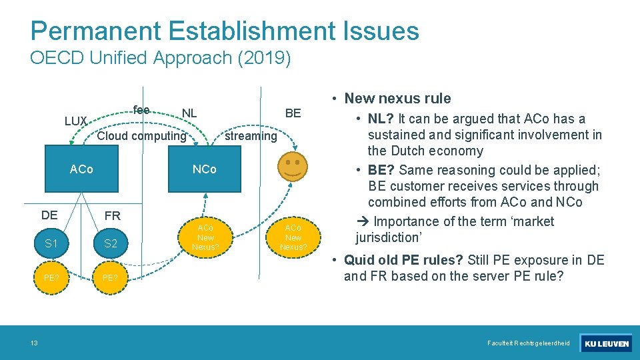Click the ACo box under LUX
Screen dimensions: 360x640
(82, 169)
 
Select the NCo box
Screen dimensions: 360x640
(205, 169)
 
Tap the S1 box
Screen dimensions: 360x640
(51, 243)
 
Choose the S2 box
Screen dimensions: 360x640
(111, 243)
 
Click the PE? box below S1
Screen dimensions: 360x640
(51, 277)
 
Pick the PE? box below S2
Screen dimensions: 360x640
(111, 277)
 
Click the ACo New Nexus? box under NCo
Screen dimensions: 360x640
(205, 237)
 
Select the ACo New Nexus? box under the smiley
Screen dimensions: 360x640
(293, 237)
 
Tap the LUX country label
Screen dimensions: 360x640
(76, 121)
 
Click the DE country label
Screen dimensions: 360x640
(49, 215)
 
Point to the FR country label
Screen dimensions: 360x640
(112, 216)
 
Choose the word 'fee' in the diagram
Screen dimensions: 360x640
(141, 109)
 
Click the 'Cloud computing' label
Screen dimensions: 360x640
(141, 136)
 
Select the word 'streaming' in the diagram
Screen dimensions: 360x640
(251, 136)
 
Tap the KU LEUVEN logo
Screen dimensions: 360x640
(606, 344)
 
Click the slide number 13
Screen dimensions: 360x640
(33, 343)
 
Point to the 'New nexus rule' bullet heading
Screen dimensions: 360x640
(397, 99)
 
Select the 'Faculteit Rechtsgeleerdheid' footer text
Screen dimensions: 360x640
(529, 343)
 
